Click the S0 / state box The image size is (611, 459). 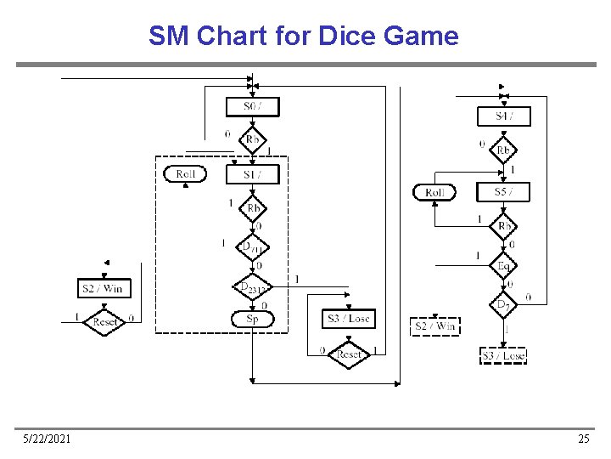click(x=252, y=107)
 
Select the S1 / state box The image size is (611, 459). click(x=252, y=174)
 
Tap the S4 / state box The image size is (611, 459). click(x=503, y=116)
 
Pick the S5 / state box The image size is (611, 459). click(x=503, y=192)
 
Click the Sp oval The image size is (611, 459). click(x=252, y=319)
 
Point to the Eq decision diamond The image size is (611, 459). click(x=503, y=266)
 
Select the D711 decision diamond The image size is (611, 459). click(x=252, y=247)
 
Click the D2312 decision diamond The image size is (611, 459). click(x=252, y=288)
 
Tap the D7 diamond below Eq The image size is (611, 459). click(x=503, y=303)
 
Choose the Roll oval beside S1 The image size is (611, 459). click(x=185, y=174)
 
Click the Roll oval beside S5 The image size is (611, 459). click(x=434, y=192)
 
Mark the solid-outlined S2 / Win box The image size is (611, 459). click(x=103, y=289)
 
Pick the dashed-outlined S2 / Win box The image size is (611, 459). click(x=434, y=326)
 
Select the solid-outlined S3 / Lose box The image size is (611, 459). click(x=349, y=319)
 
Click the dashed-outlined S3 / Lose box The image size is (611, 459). click(x=503, y=355)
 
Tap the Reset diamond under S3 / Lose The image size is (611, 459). click(x=349, y=354)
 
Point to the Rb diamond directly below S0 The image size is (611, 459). click(x=252, y=140)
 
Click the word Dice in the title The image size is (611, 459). click(x=348, y=37)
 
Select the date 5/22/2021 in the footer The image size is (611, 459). click(x=47, y=439)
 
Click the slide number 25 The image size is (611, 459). click(x=583, y=439)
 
